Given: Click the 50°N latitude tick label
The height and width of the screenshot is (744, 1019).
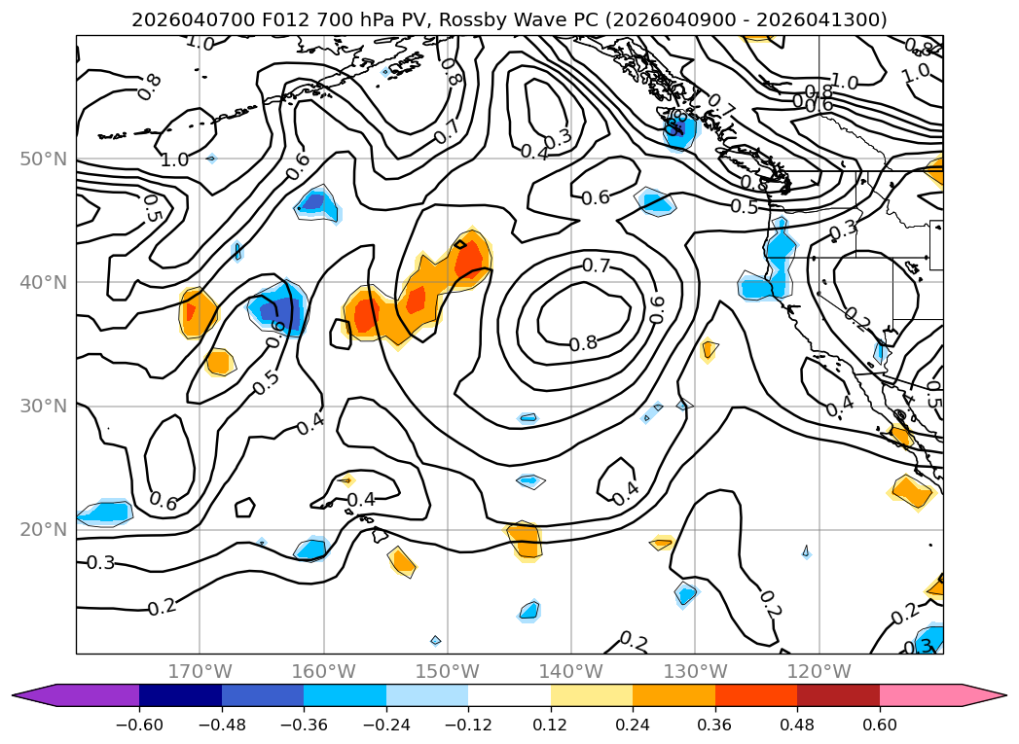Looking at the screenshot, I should pyautogui.click(x=44, y=159).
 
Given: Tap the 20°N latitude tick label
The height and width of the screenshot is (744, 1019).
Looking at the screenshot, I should pyautogui.click(x=44, y=530).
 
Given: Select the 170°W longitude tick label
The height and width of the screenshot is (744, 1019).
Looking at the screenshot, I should pyautogui.click(x=200, y=671).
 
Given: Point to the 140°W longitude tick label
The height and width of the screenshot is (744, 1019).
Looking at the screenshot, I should pyautogui.click(x=571, y=671).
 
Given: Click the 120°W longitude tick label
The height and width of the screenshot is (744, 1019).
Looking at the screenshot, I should pyautogui.click(x=819, y=671).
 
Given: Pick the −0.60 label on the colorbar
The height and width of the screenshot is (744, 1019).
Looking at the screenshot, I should pyautogui.click(x=139, y=726).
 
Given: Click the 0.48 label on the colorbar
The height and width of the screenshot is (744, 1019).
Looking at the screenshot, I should pyautogui.click(x=797, y=726).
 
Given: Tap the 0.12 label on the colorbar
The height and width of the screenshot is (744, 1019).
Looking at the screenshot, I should pyautogui.click(x=550, y=726).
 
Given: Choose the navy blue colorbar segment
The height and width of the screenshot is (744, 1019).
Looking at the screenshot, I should pyautogui.click(x=180, y=694).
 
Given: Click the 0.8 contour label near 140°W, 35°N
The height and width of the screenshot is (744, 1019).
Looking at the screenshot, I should pyautogui.click(x=583, y=343).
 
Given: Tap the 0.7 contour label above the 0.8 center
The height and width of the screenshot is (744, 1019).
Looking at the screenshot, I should pyautogui.click(x=596, y=266).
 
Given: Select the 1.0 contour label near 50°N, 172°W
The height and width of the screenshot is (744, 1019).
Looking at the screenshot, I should pyautogui.click(x=174, y=159).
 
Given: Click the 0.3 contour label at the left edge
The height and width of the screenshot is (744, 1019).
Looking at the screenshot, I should pyautogui.click(x=100, y=563).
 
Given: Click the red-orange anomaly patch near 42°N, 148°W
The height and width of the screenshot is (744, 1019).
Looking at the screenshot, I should pyautogui.click(x=468, y=259).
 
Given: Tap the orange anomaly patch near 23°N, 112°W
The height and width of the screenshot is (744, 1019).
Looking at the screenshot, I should pyautogui.click(x=912, y=491).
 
